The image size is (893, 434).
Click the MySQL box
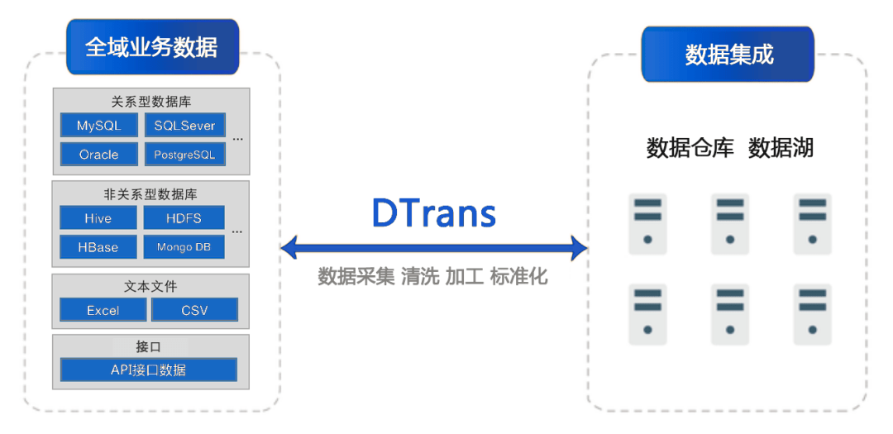(98, 126)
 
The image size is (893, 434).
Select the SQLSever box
(184, 126)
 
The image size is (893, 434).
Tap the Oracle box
(98, 155)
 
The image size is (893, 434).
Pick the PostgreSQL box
(184, 155)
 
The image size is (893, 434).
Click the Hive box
(98, 218)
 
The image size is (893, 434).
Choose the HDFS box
(184, 218)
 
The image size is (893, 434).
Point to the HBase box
(98, 247)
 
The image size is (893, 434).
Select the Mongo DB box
(184, 247)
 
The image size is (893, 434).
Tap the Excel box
(103, 310)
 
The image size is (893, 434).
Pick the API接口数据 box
(149, 370)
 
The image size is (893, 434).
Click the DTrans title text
(434, 213)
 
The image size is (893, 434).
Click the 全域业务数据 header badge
(152, 47)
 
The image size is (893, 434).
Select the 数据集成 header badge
(728, 55)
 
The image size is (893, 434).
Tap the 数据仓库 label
(690, 148)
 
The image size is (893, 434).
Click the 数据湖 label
(781, 148)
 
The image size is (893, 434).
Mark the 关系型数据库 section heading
(150, 102)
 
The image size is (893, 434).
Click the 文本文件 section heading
(150, 286)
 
